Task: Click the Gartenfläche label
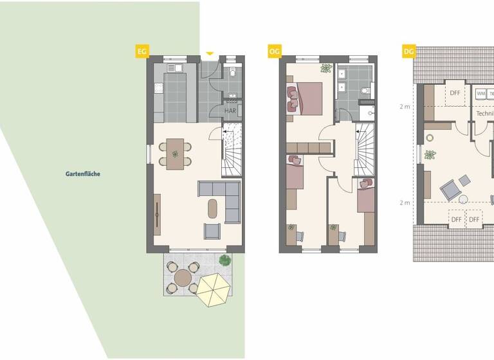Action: click(x=83, y=174)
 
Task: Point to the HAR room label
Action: click(x=230, y=111)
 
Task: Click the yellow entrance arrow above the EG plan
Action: click(x=209, y=53)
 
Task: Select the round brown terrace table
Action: click(x=183, y=278)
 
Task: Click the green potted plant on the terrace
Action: click(x=224, y=260)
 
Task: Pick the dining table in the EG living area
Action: click(x=175, y=154)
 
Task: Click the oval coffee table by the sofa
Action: click(x=213, y=208)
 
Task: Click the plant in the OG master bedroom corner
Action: click(x=325, y=68)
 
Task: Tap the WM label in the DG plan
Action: click(x=480, y=94)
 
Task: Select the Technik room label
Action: click(x=484, y=113)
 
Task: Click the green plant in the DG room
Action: click(x=430, y=154)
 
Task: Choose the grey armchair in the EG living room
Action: click(x=212, y=230)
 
